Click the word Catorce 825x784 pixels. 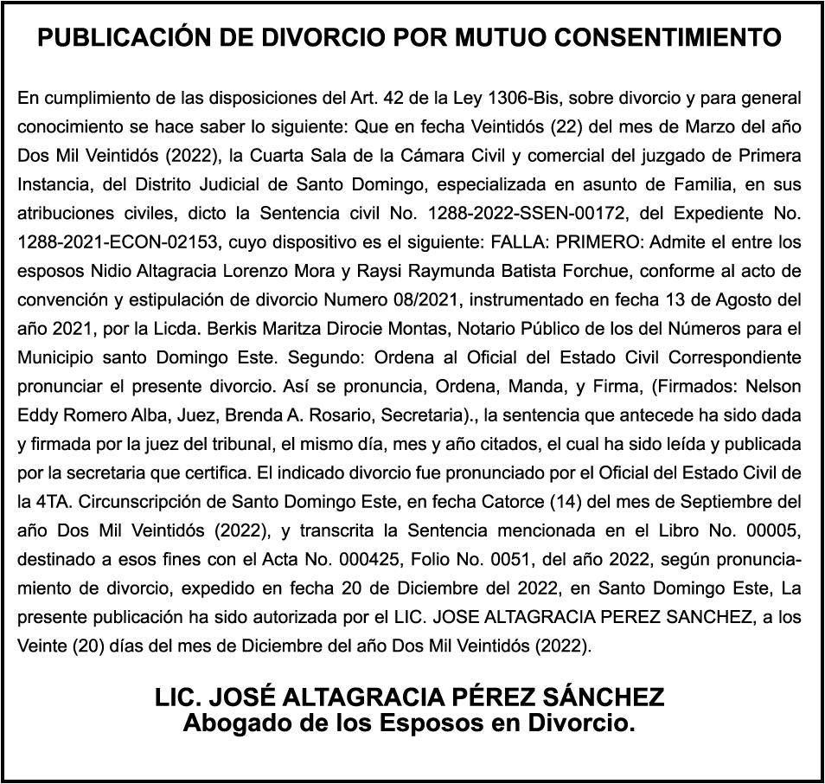[x=518, y=502]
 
